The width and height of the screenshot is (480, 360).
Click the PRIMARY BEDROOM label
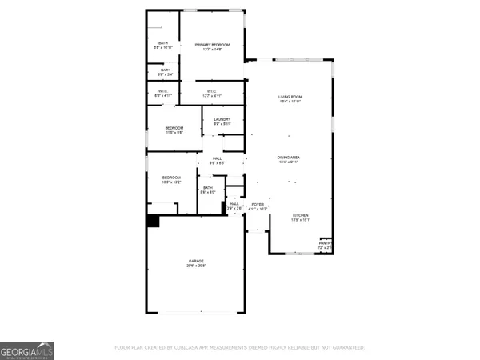pyautogui.click(x=211, y=46)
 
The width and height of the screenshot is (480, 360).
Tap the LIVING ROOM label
pyautogui.click(x=290, y=98)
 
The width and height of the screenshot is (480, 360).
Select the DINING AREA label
pyautogui.click(x=288, y=158)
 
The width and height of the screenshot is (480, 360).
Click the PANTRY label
pyautogui.click(x=325, y=244)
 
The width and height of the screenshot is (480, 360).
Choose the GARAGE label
pyautogui.click(x=196, y=262)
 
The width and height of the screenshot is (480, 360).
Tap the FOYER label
pyautogui.click(x=258, y=205)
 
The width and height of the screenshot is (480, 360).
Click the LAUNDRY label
pyautogui.click(x=222, y=120)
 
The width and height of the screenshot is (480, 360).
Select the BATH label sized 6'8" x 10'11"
pyautogui.click(x=163, y=43)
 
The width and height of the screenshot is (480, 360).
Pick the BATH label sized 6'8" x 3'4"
pyautogui.click(x=165, y=70)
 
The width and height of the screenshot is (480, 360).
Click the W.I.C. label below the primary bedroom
pyautogui.click(x=211, y=92)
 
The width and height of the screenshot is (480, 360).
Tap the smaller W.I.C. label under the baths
pyautogui.click(x=162, y=92)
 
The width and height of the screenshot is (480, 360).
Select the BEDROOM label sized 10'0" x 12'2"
pyautogui.click(x=171, y=178)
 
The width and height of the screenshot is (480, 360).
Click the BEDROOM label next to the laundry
pyautogui.click(x=174, y=129)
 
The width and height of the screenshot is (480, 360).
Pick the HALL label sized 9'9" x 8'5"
pyautogui.click(x=217, y=159)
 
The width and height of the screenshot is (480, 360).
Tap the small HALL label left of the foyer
pyautogui.click(x=234, y=205)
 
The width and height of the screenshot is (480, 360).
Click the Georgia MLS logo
pyautogui.click(x=27, y=350)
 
